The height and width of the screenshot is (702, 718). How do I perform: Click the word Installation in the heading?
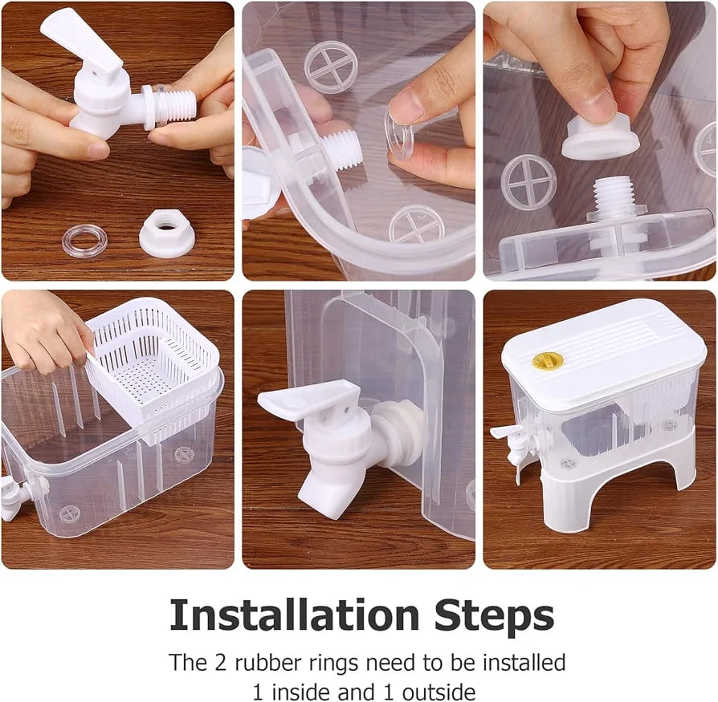click(x=295, y=615)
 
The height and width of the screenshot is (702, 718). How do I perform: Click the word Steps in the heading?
click(x=494, y=616)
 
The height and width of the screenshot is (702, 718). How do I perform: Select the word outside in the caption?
click(x=439, y=692)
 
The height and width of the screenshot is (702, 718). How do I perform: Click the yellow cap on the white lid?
click(x=548, y=361)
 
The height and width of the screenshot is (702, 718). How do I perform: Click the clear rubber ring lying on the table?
click(x=84, y=240)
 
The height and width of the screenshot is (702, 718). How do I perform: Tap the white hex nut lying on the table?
click(x=167, y=233)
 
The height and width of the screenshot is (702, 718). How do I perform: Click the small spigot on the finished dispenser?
click(x=512, y=442)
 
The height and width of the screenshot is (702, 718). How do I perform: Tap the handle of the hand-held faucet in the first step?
click(x=81, y=39)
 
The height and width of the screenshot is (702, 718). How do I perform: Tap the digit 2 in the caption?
click(x=221, y=663)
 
